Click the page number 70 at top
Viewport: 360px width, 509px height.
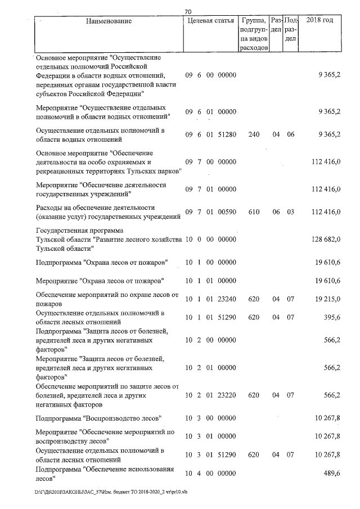tap(188, 10)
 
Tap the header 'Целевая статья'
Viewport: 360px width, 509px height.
tap(209, 21)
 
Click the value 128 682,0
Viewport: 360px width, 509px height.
tap(326, 240)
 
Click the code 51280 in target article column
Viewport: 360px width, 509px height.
tap(226, 135)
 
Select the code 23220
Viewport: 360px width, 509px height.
tap(226, 395)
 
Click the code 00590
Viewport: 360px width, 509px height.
tap(226, 211)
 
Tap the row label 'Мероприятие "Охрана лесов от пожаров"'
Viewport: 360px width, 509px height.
tap(100, 280)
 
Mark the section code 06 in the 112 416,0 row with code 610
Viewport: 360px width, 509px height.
tap(276, 211)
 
